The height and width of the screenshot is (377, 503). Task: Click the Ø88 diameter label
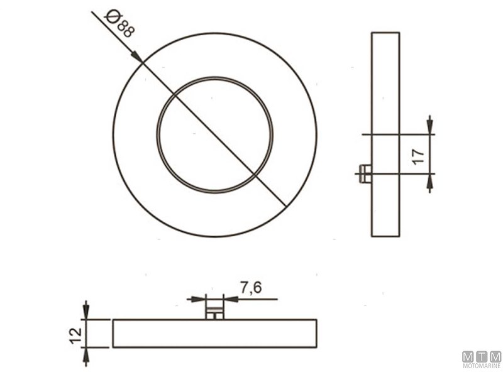tap(119, 23)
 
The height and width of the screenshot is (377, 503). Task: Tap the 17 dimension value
tap(418, 156)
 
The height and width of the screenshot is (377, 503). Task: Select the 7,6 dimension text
tap(251, 287)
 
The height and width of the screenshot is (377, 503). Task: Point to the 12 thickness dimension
tap(76, 336)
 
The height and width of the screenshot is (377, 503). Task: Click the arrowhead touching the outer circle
tap(136, 57)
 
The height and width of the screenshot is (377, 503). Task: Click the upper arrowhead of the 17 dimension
tap(430, 125)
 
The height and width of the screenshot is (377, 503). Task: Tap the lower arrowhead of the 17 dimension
tap(430, 183)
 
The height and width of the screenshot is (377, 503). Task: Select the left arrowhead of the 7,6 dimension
tap(196, 299)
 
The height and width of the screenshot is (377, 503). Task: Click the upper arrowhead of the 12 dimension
tap(86, 310)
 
